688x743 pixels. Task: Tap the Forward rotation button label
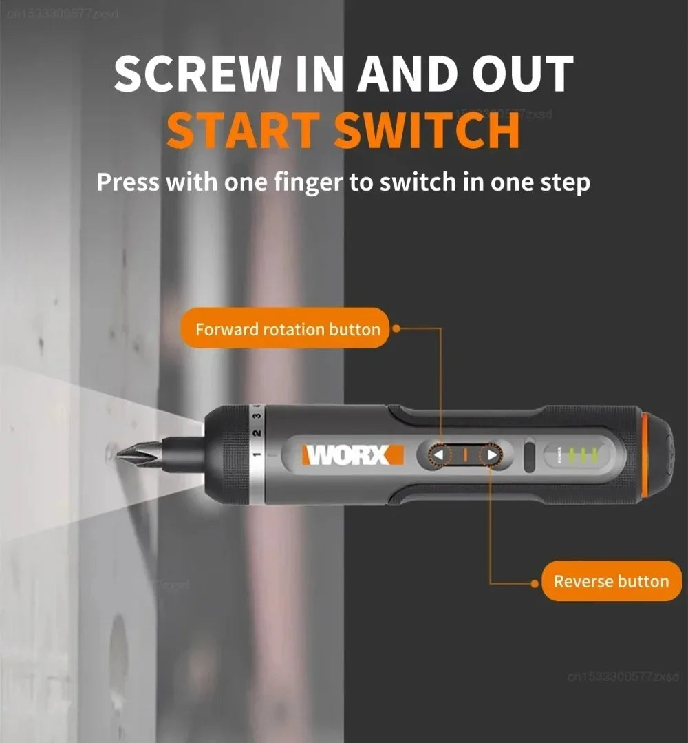(287, 329)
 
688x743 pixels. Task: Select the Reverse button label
(611, 582)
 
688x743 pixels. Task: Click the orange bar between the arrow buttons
(464, 455)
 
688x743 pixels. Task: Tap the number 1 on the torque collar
(256, 454)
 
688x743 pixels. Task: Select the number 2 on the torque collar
(256, 433)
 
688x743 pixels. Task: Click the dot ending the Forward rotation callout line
(397, 329)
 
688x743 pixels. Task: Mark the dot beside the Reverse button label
(535, 583)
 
